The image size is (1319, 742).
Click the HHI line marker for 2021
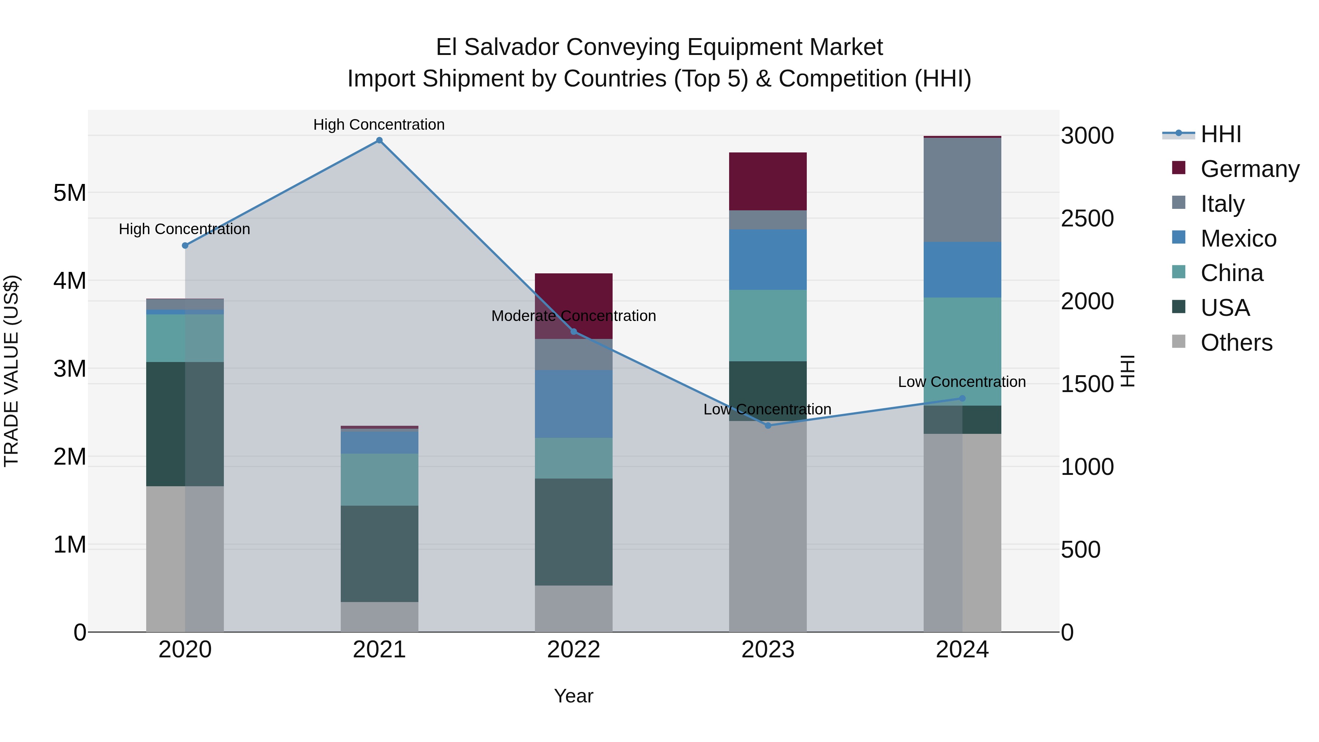coord(380,140)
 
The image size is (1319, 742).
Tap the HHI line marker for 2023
coord(768,425)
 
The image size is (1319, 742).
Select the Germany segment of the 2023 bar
coord(768,181)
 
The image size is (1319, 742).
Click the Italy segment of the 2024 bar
coord(962,189)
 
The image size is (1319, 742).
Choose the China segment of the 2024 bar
coord(962,351)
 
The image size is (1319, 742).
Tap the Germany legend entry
coord(1249,169)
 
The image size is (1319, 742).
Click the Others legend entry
coord(1236,343)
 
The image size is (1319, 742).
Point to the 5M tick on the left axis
coord(70,193)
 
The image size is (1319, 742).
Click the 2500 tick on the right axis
coord(1087,219)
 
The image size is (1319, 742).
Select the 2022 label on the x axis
coord(573,650)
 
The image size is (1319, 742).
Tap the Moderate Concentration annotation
coord(573,316)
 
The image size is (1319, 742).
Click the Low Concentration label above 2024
coord(962,382)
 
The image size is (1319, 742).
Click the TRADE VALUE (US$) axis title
coord(11,371)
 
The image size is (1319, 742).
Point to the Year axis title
coord(573,696)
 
